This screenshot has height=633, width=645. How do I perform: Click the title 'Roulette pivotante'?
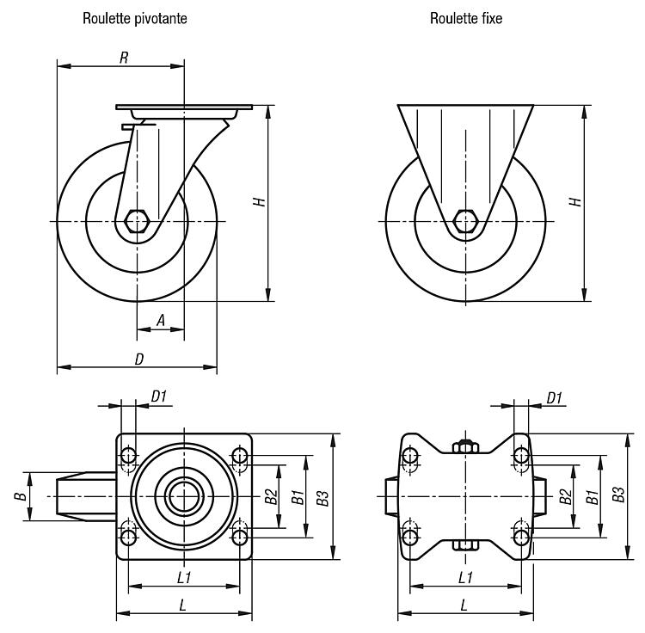click(135, 19)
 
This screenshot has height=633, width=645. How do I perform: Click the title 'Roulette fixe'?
click(466, 19)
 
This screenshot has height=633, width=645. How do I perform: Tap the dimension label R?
click(124, 58)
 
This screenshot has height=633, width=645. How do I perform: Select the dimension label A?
click(161, 320)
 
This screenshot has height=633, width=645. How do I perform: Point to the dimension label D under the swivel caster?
click(139, 359)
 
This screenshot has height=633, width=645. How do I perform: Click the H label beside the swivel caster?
click(260, 201)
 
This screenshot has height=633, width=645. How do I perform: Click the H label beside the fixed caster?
click(575, 201)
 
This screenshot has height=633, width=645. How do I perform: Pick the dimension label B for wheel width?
click(20, 496)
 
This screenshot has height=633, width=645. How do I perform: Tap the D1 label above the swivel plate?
click(159, 396)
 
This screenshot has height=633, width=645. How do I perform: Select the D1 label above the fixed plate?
click(554, 397)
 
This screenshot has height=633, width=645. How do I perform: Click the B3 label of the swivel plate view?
click(322, 498)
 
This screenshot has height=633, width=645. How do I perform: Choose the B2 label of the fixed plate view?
click(566, 496)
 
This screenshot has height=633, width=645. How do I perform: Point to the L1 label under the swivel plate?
click(184, 577)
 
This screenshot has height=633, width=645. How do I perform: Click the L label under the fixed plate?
click(464, 605)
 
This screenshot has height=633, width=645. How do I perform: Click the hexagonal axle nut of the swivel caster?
click(137, 221)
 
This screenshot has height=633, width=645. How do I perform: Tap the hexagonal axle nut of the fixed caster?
click(465, 221)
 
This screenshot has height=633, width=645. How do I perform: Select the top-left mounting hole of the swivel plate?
click(128, 456)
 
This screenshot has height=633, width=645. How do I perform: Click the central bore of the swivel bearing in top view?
click(184, 496)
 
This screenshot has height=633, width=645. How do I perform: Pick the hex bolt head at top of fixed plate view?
click(465, 446)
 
